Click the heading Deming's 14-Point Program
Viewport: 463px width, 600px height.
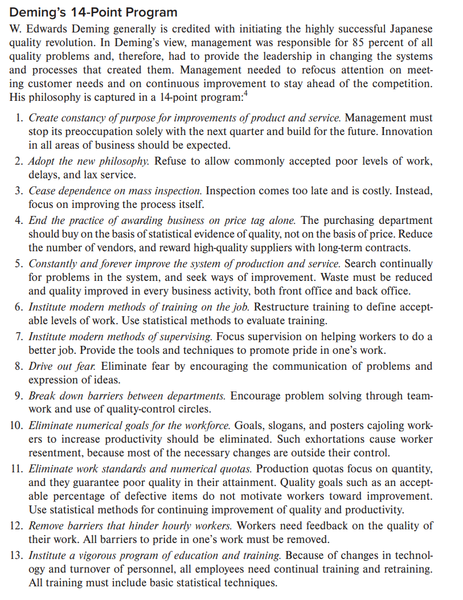[94, 12]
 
